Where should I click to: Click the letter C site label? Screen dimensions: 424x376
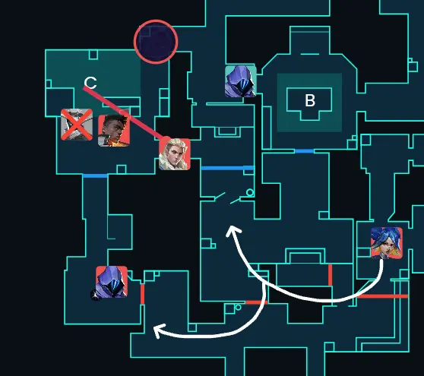[90, 83]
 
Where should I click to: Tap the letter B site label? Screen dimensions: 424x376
[310, 100]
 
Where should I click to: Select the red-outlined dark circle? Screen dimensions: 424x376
[156, 42]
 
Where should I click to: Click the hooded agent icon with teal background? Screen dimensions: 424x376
[241, 81]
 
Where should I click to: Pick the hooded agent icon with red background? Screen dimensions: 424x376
[112, 282]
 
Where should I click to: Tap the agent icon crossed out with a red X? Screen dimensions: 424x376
[77, 125]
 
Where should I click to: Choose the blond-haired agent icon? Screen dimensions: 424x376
[175, 154]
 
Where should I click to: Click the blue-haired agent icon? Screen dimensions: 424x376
[387, 243]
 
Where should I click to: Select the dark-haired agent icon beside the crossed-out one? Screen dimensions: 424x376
[114, 131]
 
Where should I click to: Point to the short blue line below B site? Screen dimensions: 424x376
[304, 151]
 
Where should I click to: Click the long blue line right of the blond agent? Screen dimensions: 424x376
[227, 168]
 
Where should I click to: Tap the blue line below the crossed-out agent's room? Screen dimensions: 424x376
[95, 176]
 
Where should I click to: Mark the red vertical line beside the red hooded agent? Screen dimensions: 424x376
[143, 294]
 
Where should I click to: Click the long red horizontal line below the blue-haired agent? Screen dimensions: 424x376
[383, 296]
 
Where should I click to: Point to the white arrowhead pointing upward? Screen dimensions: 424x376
[233, 231]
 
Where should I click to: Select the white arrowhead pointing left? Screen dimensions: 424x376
[159, 331]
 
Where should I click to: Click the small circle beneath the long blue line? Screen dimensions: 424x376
[250, 192]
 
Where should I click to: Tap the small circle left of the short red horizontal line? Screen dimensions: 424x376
[239, 308]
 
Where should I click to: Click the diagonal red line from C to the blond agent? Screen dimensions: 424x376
[123, 113]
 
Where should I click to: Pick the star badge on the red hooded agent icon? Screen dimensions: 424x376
[95, 295]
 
